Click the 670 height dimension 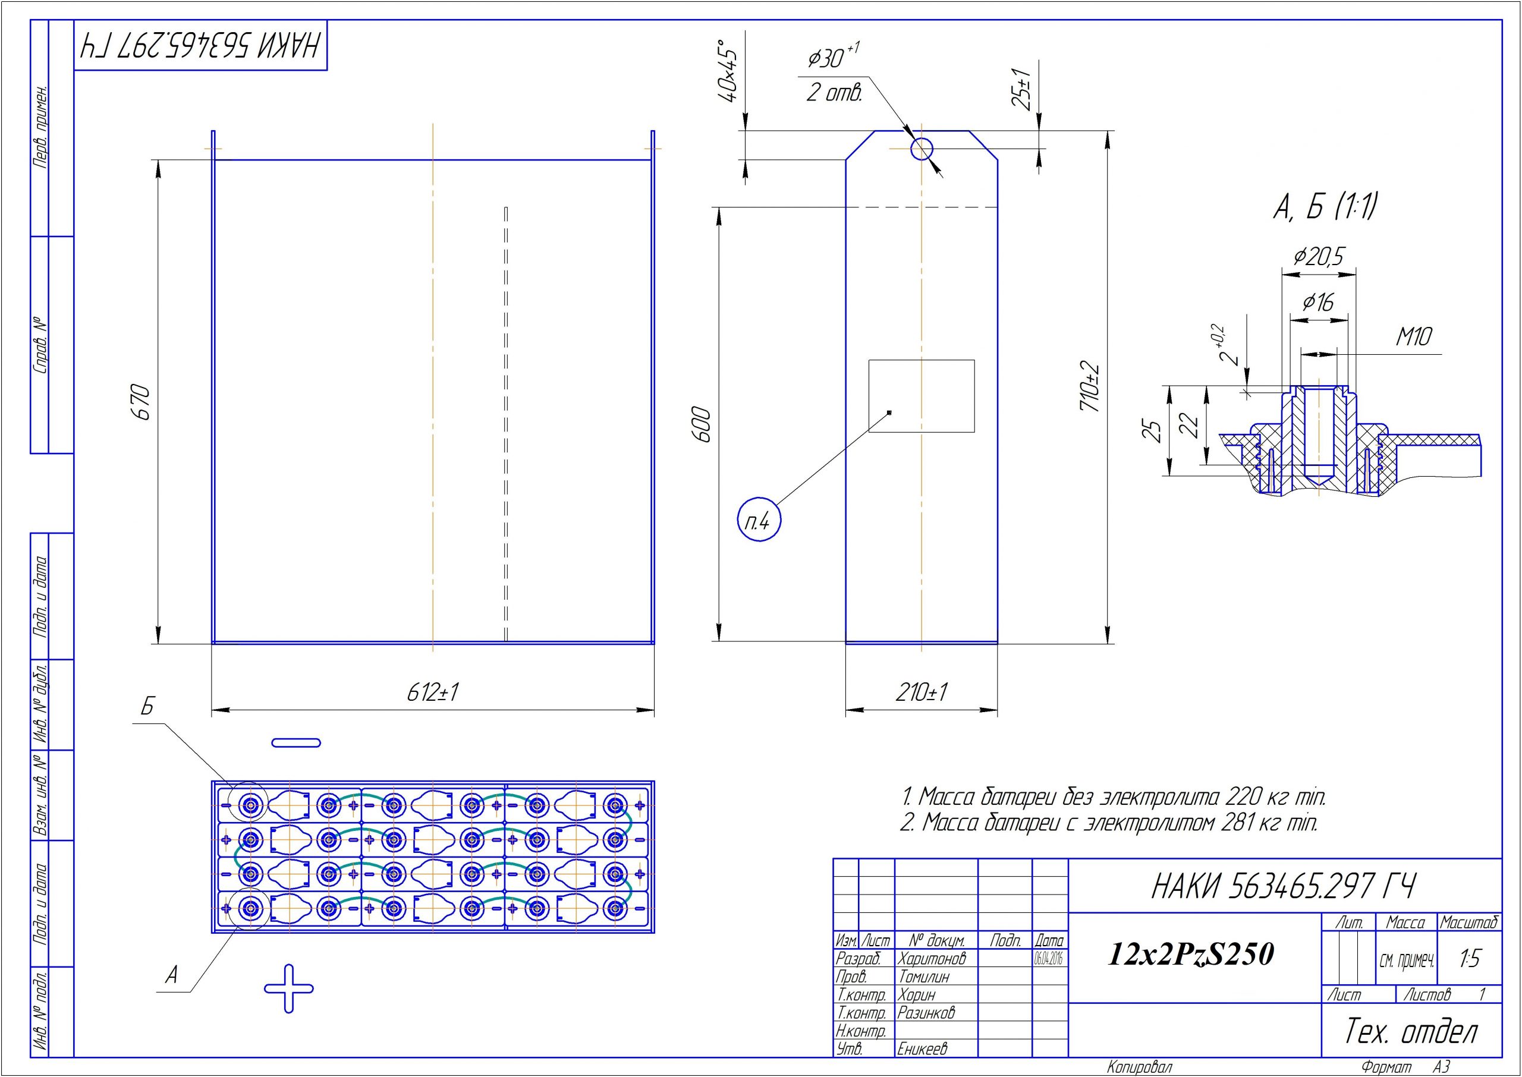(x=141, y=401)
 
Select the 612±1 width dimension (x=433, y=692)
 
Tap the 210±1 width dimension (x=921, y=692)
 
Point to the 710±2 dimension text (x=1090, y=386)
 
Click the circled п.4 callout (x=759, y=521)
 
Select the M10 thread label (x=1414, y=337)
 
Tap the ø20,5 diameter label (x=1319, y=256)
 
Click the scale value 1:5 (x=1470, y=958)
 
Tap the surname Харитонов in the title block (x=932, y=958)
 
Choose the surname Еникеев (x=923, y=1048)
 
